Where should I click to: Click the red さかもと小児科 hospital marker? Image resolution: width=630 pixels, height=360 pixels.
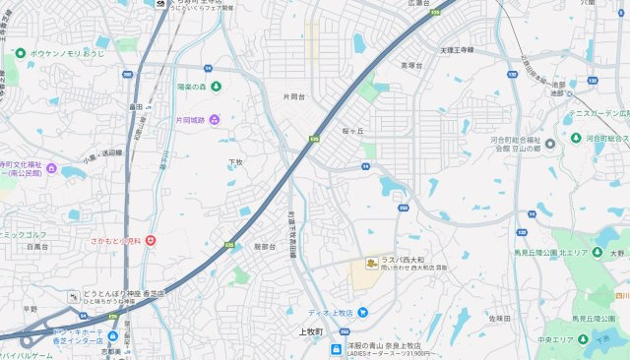click(150, 240)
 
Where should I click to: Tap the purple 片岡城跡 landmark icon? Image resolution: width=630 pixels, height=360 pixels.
click(215, 120)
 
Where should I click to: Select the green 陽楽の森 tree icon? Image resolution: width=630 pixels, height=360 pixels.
click(170, 86)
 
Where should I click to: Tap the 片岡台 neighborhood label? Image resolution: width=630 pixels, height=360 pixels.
click(293, 97)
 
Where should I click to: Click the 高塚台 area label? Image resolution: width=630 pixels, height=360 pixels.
click(410, 66)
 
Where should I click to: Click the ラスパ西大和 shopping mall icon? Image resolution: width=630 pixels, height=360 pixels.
click(371, 262)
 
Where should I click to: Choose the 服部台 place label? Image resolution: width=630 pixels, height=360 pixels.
click(265, 247)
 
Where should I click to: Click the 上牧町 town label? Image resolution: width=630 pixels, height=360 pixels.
click(311, 331)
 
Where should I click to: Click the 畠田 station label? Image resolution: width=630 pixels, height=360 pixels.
click(136, 106)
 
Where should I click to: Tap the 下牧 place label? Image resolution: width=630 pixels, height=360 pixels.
click(235, 161)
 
